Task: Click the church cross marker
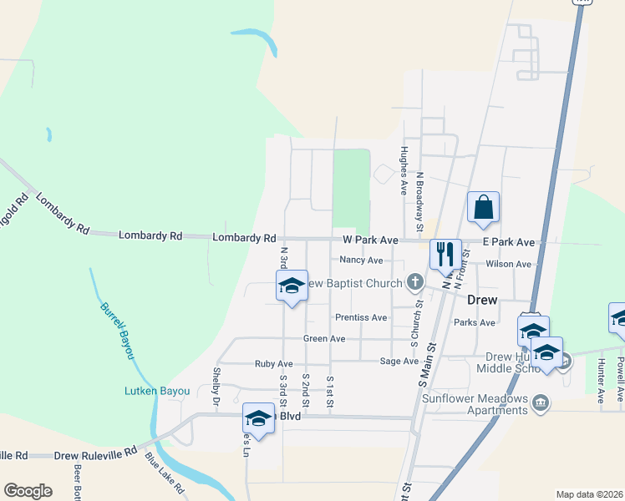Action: coord(414,282)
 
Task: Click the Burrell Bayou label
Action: coord(118,330)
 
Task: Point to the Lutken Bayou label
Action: coord(157,391)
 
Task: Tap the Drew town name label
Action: coord(482,300)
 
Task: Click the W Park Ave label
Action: coord(370,240)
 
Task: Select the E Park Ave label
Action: coord(509,242)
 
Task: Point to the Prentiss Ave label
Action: coord(361,318)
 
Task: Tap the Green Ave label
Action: coord(324,339)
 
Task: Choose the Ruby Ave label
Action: coord(273,364)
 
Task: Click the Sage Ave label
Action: coord(399,362)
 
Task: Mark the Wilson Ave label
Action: coord(511,265)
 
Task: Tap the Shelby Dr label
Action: coord(216,381)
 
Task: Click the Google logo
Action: coord(28,491)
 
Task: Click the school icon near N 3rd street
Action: coord(292,286)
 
